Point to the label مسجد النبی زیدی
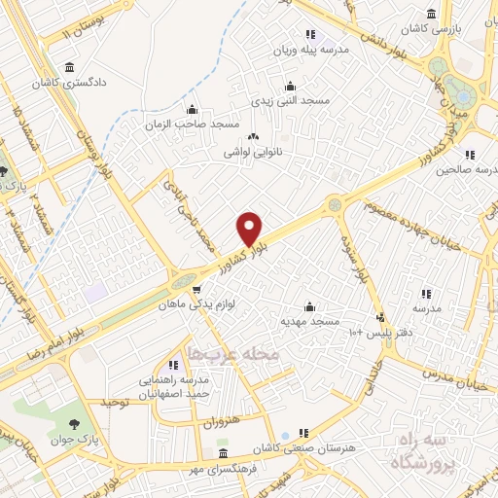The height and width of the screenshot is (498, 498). point(288,100)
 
